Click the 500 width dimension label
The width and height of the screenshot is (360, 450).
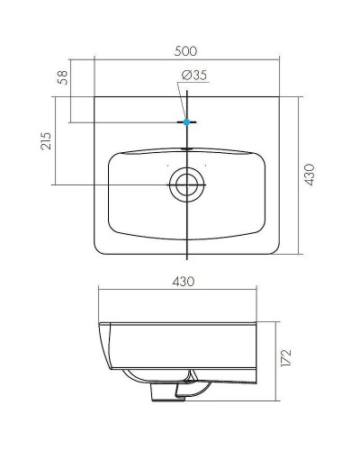(x=185, y=50)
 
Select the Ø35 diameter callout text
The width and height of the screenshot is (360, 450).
(x=195, y=76)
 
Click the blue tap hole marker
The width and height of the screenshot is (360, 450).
(x=186, y=121)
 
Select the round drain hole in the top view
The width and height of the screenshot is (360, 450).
(x=186, y=185)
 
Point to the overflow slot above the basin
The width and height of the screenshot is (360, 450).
(x=186, y=146)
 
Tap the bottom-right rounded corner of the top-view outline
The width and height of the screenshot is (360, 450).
(x=275, y=251)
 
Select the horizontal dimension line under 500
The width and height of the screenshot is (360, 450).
(x=185, y=60)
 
